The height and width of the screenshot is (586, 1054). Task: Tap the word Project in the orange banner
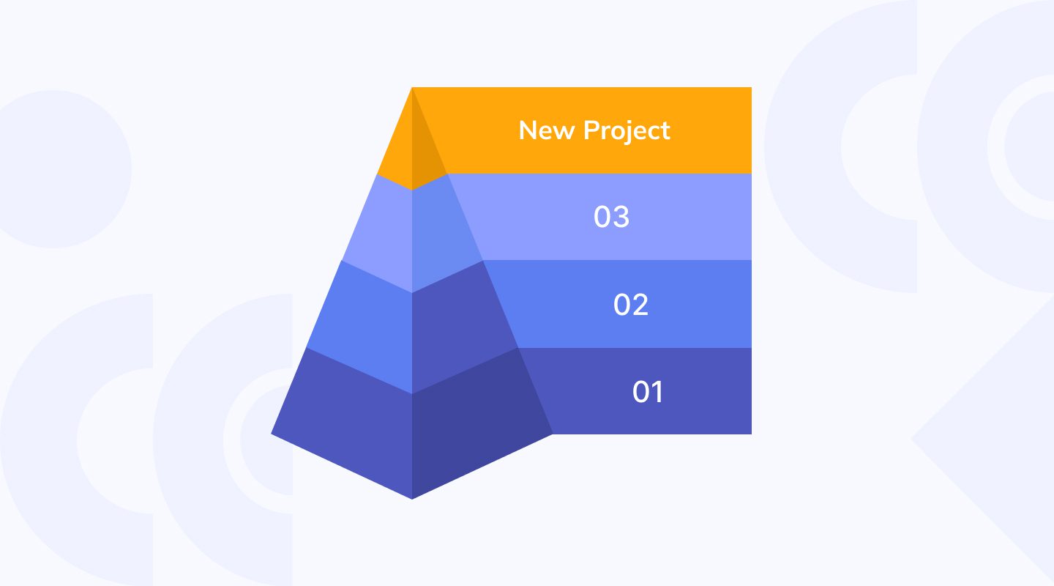pos(627,131)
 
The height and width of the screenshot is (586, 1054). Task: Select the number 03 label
pos(611,218)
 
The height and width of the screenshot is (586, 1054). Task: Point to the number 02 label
pos(630,305)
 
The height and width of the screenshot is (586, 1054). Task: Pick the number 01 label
pos(648,392)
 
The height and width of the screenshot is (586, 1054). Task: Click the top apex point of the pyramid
pos(412,89)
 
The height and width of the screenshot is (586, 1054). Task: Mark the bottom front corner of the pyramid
pos(412,498)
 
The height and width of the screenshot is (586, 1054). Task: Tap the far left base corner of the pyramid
pos(272,433)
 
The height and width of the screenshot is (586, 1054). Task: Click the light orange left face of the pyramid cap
pos(399,154)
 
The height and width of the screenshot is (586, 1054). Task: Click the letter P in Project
pos(591,130)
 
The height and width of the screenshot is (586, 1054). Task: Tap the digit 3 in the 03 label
pos(621,218)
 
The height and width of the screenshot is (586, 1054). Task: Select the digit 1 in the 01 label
pos(657,392)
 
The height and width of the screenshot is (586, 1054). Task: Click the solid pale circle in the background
pos(55,168)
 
